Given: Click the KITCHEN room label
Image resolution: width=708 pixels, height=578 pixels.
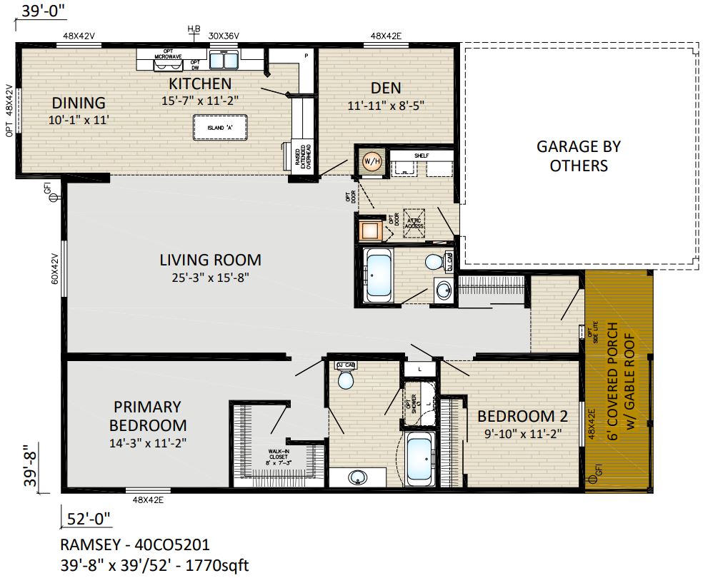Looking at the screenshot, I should [200, 83].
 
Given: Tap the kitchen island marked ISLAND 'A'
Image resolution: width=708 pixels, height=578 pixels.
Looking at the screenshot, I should [220, 127].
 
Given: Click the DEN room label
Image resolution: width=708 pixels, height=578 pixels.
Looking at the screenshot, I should [386, 88].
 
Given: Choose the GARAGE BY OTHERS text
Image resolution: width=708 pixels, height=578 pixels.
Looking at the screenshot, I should [579, 156].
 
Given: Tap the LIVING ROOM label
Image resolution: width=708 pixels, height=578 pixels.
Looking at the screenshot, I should [210, 260].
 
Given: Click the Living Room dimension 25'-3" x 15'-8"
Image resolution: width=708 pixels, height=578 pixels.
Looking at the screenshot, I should [210, 277].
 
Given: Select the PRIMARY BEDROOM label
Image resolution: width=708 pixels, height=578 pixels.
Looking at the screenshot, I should [148, 416].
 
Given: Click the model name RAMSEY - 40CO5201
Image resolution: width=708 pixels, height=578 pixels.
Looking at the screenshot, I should [135, 546].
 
